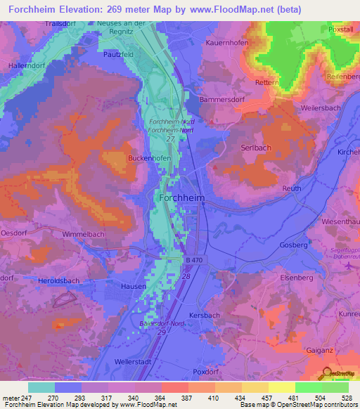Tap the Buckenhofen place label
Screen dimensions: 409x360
pyautogui.click(x=149, y=159)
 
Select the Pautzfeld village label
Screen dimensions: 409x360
pyautogui.click(x=118, y=53)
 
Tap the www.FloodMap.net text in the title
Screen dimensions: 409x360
pyautogui.click(x=235, y=10)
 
